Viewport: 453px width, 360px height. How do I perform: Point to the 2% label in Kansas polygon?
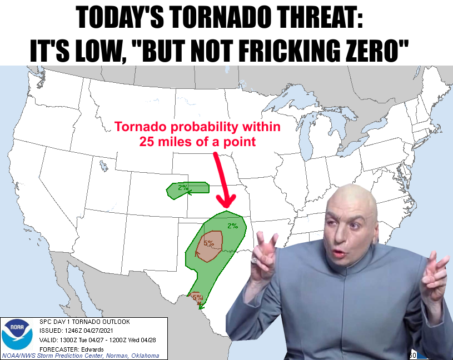(x=183, y=187)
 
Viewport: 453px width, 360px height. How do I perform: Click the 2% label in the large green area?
(x=232, y=226)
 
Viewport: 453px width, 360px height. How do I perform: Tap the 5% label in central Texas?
(x=209, y=243)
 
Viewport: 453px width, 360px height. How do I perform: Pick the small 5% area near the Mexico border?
(x=196, y=298)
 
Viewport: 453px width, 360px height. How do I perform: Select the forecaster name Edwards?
(x=92, y=349)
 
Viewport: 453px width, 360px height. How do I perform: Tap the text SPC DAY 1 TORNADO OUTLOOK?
(x=84, y=321)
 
